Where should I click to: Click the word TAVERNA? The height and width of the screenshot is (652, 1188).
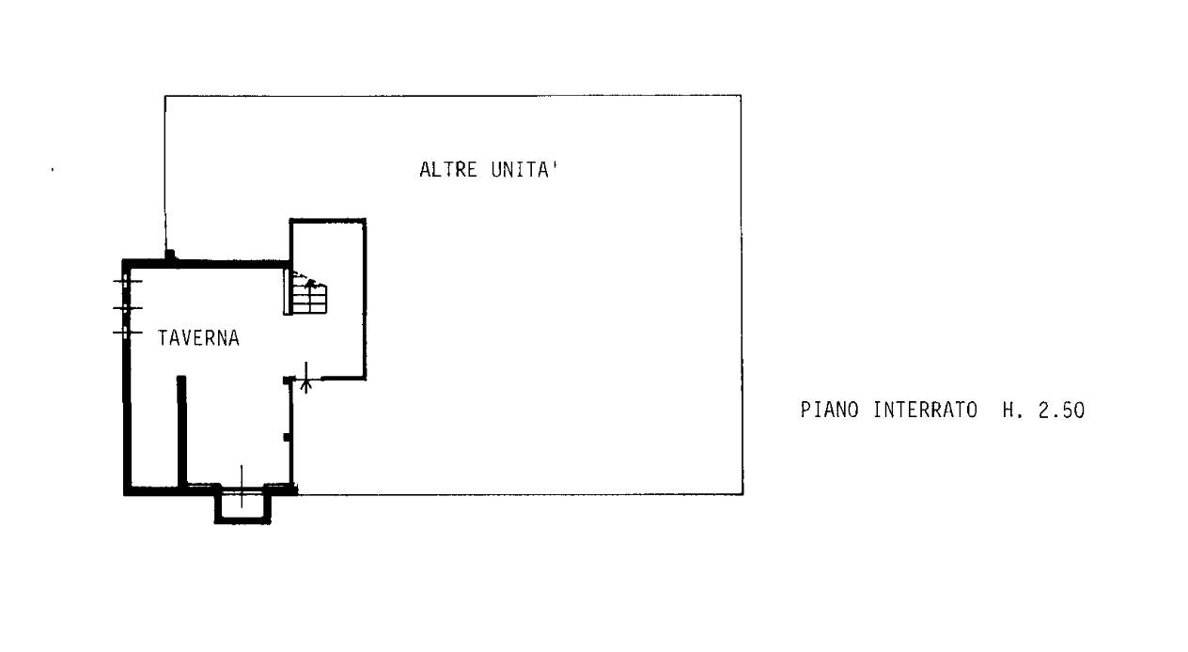(199, 338)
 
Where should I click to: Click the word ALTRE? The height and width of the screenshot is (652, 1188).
(448, 170)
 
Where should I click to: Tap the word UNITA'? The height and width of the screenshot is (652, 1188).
(525, 170)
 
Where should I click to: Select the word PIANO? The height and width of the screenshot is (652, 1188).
(830, 410)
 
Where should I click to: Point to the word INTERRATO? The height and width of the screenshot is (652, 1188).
(926, 410)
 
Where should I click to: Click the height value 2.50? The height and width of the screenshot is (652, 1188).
(1061, 411)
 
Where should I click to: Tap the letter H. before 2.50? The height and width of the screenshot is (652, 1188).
(1012, 411)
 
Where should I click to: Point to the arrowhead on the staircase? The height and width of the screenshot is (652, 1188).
(310, 283)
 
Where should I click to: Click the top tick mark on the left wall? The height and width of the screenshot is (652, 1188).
(127, 281)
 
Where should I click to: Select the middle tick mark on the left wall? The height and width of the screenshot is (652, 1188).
(127, 307)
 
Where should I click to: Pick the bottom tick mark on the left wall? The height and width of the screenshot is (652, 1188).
(127, 333)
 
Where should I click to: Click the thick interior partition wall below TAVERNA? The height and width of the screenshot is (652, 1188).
(182, 431)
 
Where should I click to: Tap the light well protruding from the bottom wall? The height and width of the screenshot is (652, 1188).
(242, 505)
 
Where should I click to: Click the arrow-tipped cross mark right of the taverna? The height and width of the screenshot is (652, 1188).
(305, 379)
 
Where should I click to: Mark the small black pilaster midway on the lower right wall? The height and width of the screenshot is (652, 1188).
(287, 437)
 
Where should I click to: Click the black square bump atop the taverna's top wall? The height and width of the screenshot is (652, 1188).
(170, 255)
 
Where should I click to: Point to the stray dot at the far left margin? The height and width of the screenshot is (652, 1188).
(52, 170)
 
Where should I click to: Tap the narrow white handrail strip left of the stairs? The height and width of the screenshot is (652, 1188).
(288, 292)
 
